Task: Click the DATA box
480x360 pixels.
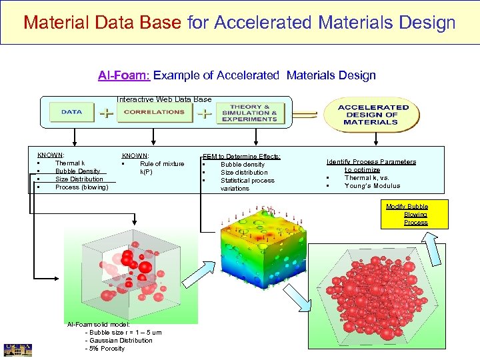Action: (72, 112)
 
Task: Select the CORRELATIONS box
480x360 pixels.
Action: (154, 112)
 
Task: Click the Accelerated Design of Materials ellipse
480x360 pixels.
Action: (373, 115)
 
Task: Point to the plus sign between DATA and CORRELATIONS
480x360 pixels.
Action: (105, 113)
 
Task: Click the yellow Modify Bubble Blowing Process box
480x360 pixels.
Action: (407, 215)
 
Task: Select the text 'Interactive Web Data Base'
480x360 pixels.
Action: (164, 99)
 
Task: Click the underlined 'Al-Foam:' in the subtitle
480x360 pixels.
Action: (124, 75)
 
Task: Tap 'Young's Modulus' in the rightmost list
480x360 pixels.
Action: (372, 186)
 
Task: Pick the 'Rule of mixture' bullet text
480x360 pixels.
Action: (162, 164)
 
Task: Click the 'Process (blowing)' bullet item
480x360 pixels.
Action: (81, 187)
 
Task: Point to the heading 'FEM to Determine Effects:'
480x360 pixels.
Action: (241, 156)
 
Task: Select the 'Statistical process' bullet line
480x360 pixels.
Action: (247, 180)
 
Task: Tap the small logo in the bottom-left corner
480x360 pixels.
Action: (17, 349)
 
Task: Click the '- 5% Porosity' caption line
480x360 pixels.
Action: (105, 348)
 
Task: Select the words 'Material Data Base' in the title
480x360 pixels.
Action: (102, 23)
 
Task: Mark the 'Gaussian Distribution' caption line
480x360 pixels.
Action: (119, 340)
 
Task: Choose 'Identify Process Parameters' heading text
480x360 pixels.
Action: (371, 162)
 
